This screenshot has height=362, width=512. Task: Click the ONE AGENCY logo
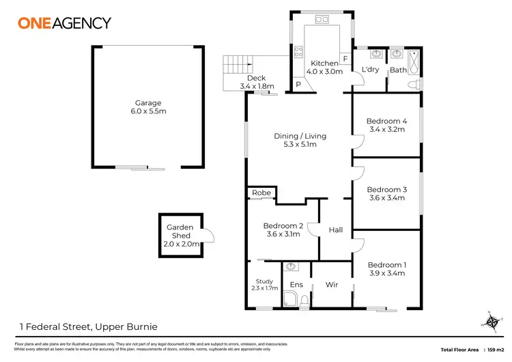(64, 23)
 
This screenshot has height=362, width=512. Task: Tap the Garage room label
(147, 107)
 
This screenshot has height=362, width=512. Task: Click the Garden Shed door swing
(208, 236)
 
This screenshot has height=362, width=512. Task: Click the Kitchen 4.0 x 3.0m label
(324, 68)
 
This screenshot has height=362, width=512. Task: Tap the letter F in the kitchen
(345, 59)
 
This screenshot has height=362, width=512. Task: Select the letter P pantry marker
(298, 85)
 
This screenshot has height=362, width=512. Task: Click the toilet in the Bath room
(412, 85)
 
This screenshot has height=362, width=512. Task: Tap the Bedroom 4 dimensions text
(386, 128)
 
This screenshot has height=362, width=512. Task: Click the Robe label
(261, 193)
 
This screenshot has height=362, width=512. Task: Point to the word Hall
(335, 230)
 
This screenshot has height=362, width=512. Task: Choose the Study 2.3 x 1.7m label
(264, 285)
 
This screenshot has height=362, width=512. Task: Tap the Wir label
(332, 284)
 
